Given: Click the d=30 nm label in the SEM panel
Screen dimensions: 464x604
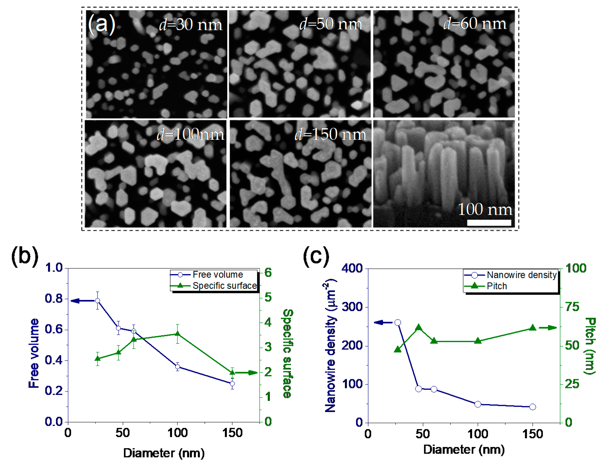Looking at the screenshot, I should (x=190, y=25).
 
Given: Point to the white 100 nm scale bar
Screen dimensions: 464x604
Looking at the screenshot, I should (x=489, y=223).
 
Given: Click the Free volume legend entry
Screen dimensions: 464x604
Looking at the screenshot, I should (x=217, y=275).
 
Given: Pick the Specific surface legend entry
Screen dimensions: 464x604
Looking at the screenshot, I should (x=224, y=286).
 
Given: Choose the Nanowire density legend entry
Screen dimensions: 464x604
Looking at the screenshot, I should (x=521, y=275).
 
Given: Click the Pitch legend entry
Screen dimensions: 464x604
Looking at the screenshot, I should (x=496, y=286).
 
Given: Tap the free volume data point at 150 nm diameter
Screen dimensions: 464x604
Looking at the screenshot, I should (x=232, y=384).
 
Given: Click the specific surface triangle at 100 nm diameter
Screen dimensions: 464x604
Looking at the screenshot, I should (x=178, y=334).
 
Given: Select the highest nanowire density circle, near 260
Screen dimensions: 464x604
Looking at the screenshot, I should (x=398, y=323).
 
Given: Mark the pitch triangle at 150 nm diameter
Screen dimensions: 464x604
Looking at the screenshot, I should (x=533, y=328).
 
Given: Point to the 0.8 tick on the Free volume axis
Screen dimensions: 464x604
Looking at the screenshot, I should (x=54, y=298).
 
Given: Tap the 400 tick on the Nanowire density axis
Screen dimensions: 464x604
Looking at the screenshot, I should (x=352, y=268).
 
